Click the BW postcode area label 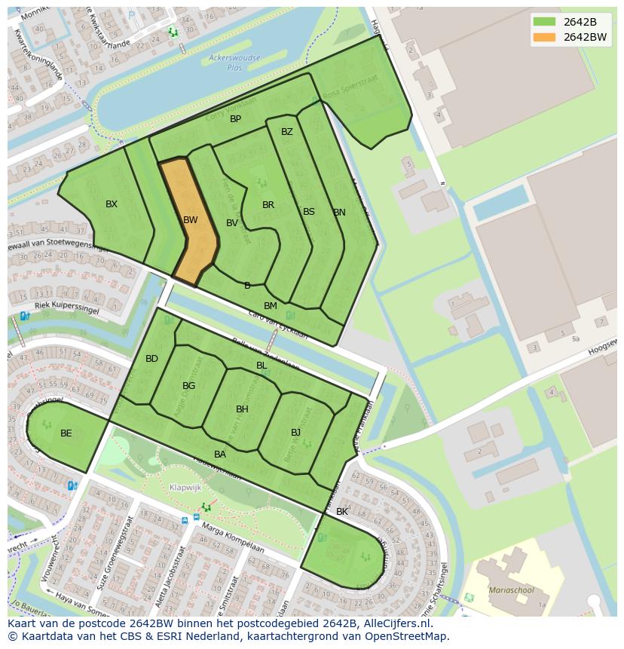click(190, 220)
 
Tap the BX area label click(112, 204)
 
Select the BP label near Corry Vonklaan click(236, 119)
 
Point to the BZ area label click(287, 132)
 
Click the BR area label click(268, 205)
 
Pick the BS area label click(309, 212)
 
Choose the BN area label click(339, 213)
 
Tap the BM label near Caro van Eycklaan click(271, 306)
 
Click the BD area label click(152, 359)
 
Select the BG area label click(189, 386)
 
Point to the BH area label click(242, 409)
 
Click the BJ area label click(296, 433)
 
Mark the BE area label click(66, 433)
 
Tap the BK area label click(342, 512)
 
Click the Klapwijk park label click(185, 488)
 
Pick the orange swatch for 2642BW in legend click(545, 37)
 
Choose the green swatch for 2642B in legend click(545, 21)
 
